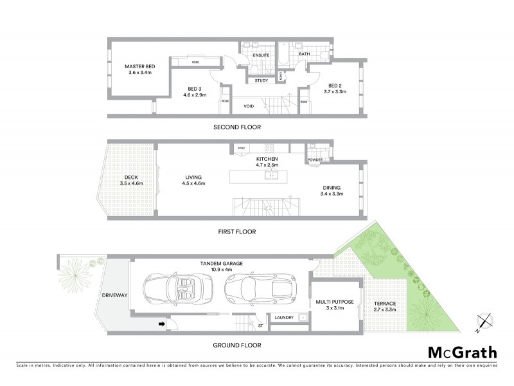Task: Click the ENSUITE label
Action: tap(261, 55)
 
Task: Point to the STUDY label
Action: tap(261, 80)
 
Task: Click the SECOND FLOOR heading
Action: tap(237, 127)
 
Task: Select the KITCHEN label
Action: tap(266, 158)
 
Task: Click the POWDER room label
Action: tap(315, 160)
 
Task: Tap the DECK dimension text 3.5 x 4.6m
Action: tap(130, 183)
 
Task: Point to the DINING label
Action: tap(332, 188)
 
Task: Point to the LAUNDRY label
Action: tap(284, 318)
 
